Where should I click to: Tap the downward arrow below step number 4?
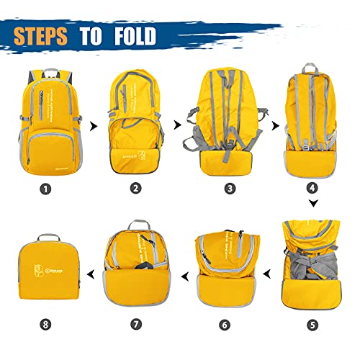click(x=312, y=204)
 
